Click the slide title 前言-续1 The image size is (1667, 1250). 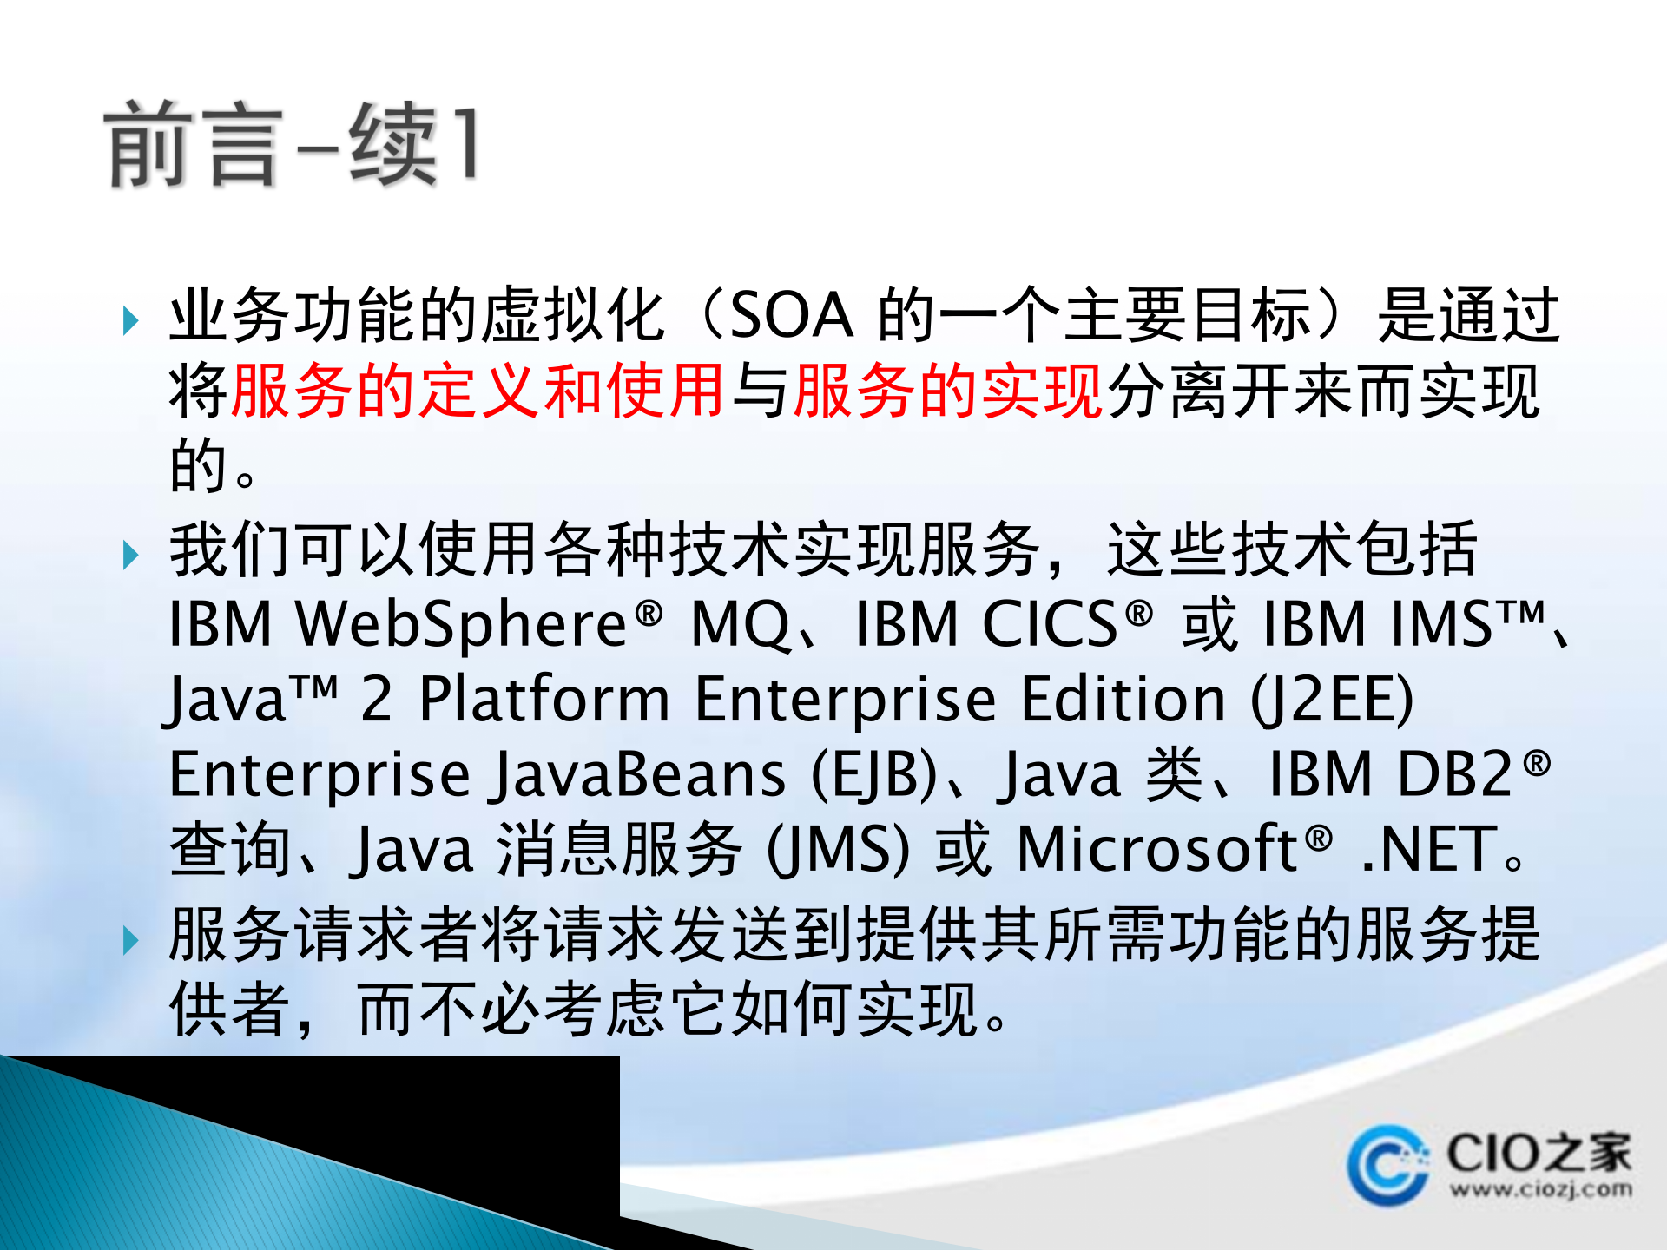coord(291,143)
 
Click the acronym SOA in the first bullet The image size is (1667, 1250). coord(792,316)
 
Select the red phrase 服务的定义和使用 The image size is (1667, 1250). coord(478,391)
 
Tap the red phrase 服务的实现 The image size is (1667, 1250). coord(948,391)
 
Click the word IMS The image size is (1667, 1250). coord(1441,625)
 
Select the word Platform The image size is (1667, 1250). coord(544,700)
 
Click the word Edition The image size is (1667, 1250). coord(1123,700)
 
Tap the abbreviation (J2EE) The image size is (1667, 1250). coord(1333,700)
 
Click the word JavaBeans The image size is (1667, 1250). coord(639,775)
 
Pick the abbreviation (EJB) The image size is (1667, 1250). coord(874,775)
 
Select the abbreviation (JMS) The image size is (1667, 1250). coord(839,850)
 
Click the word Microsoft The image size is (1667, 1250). coord(1156,850)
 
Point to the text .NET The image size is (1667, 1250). coord(1429,850)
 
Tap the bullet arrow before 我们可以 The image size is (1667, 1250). coord(131,555)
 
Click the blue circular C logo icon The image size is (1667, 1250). coord(1387,1166)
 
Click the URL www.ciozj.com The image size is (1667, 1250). coord(1540,1188)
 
